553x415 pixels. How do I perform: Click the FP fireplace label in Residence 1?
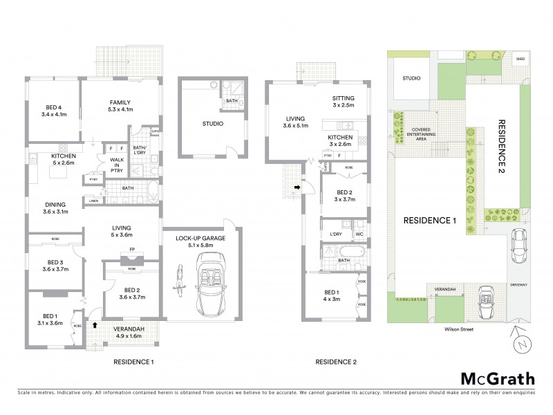click(131, 250)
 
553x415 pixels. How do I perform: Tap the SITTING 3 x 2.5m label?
click(343, 102)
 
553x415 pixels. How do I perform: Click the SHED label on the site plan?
click(519, 59)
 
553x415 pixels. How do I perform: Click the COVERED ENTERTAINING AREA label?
click(421, 134)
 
